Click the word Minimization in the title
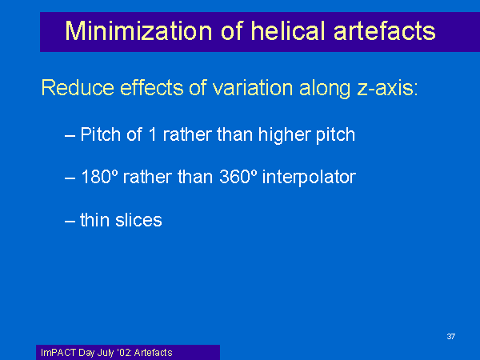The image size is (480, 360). pyautogui.click(x=138, y=31)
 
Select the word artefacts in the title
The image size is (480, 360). pyautogui.click(x=385, y=31)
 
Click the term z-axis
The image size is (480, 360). pyautogui.click(x=387, y=89)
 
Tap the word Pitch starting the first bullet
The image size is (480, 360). pyautogui.click(x=101, y=134)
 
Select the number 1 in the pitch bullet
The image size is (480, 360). pyautogui.click(x=152, y=134)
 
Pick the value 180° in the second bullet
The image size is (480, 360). pyautogui.click(x=99, y=177)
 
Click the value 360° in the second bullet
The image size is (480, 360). pyautogui.click(x=238, y=177)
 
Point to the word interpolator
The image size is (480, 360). pyautogui.click(x=309, y=178)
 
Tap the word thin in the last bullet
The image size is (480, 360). pyautogui.click(x=94, y=220)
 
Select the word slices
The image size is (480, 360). pyautogui.click(x=138, y=220)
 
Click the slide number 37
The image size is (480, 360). pyautogui.click(x=451, y=337)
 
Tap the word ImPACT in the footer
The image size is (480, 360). pyautogui.click(x=58, y=353)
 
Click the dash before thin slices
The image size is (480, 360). pyautogui.click(x=70, y=221)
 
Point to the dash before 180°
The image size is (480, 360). pyautogui.click(x=70, y=178)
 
